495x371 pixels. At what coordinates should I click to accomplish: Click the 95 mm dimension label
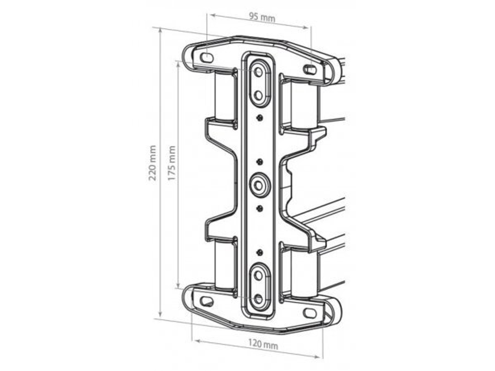point(262,18)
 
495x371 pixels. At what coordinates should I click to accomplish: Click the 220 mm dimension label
point(153,163)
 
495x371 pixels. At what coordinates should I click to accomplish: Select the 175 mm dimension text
point(172,163)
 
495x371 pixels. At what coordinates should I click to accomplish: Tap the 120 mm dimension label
point(263,345)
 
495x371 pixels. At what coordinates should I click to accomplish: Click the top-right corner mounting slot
point(310,70)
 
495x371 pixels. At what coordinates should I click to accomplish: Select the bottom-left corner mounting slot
point(207,301)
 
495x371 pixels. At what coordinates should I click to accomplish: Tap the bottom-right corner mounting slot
point(310,313)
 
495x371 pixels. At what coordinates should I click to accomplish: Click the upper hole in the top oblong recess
point(258,72)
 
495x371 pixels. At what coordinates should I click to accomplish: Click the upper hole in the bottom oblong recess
point(258,277)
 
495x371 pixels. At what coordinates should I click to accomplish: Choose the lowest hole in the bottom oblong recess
point(258,298)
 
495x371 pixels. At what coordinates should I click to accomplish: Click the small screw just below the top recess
point(258,118)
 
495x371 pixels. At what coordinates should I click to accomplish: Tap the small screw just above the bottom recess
point(258,253)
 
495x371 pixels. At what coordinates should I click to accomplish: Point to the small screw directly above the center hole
point(258,162)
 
